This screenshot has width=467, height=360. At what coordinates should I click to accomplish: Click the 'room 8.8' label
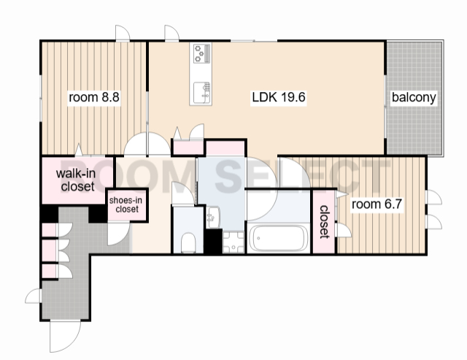tap(94, 97)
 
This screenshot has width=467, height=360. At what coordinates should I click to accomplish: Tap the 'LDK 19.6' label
tap(279, 97)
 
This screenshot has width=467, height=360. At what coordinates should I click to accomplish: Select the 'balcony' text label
tap(414, 97)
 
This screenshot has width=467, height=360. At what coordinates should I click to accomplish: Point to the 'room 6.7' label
tap(377, 204)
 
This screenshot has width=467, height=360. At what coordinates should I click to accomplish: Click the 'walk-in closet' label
tap(76, 180)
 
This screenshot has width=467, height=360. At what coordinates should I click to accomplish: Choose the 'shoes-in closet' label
tap(126, 204)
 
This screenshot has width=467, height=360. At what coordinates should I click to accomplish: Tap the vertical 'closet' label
tap(324, 222)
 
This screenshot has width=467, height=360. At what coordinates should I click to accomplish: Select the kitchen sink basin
tap(202, 93)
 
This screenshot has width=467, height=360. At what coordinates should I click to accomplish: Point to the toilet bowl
tap(188, 242)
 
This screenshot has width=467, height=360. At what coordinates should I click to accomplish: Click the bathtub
tap(279, 239)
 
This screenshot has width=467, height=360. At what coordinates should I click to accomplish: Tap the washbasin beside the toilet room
tap(213, 217)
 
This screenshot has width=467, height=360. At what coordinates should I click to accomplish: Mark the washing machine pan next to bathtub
tap(233, 242)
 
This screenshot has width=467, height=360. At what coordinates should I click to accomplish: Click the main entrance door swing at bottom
tap(65, 336)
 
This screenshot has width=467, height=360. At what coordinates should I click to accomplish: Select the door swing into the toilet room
tap(183, 193)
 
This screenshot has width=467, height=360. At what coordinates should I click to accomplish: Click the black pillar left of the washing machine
tap(214, 242)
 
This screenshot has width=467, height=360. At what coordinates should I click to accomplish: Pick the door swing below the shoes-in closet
tap(118, 234)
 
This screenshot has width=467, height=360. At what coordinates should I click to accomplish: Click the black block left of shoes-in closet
tap(98, 213)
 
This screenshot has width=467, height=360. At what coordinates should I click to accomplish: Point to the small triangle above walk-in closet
tap(79, 149)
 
